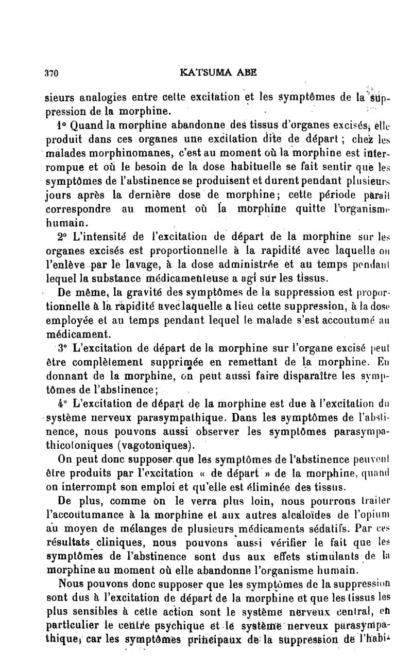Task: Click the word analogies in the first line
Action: click(98, 98)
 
